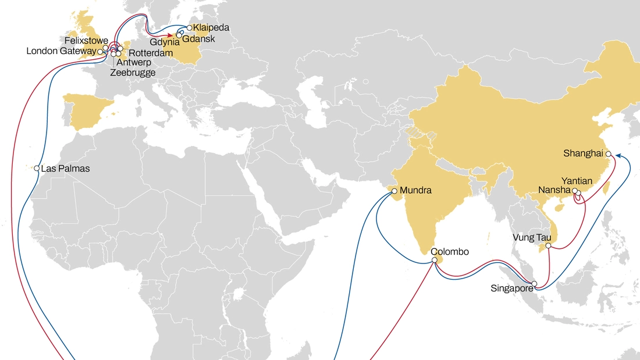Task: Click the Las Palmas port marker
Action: pyautogui.click(x=37, y=169)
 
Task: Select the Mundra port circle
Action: pyautogui.click(x=394, y=191)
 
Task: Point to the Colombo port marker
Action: pyautogui.click(x=434, y=260)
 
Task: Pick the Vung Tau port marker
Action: pyautogui.click(x=548, y=246)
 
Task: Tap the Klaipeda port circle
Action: pyautogui.click(x=190, y=27)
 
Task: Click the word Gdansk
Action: pyautogui.click(x=199, y=38)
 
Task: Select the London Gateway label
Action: pyautogui.click(x=61, y=51)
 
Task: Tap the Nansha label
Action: pyautogui.click(x=554, y=190)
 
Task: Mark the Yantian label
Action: pyautogui.click(x=577, y=181)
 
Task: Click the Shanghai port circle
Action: pyautogui.click(x=608, y=154)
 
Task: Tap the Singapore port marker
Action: pyautogui.click(x=535, y=283)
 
